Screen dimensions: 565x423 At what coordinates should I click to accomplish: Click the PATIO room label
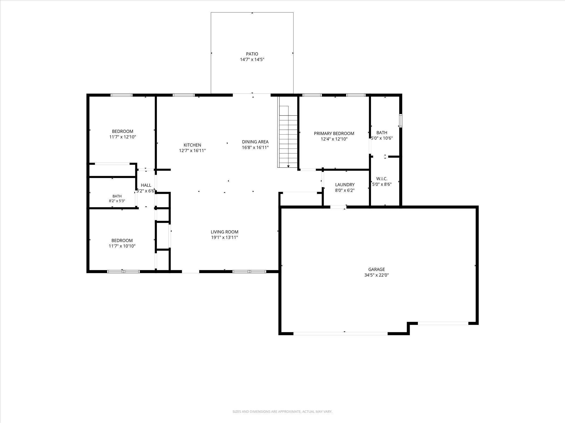(252, 54)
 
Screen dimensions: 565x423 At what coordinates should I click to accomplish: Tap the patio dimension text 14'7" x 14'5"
(252, 60)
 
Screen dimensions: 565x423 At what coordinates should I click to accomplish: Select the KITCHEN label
(192, 145)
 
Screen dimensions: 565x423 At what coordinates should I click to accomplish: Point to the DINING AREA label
(255, 142)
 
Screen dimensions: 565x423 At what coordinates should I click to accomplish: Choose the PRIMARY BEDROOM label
(334, 133)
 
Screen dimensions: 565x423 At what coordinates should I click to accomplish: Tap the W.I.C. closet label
(382, 179)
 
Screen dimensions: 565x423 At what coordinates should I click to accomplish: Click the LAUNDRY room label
(345, 185)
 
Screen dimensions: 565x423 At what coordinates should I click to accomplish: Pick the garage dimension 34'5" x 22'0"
(376, 275)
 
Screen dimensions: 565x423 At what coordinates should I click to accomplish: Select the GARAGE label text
(376, 269)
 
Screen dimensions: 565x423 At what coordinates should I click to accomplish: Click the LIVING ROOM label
(224, 232)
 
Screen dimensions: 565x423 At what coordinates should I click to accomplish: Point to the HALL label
(146, 185)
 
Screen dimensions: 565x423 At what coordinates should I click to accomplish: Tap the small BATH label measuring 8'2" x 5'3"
(117, 196)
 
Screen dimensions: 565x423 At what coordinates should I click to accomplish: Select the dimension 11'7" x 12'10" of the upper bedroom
(123, 137)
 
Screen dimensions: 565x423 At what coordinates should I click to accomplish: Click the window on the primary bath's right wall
(401, 121)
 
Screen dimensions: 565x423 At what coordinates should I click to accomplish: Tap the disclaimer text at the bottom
(282, 411)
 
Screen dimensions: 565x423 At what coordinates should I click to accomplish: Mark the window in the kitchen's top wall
(183, 95)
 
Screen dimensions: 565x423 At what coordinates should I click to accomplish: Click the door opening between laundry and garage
(338, 207)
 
